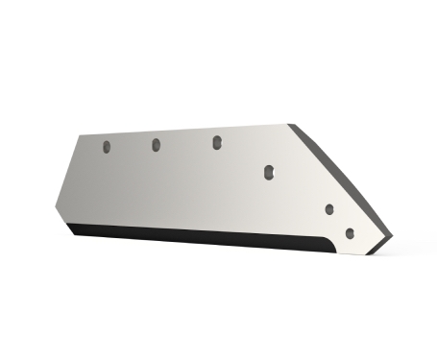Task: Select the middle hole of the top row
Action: point(155,145)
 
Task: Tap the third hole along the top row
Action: point(217,142)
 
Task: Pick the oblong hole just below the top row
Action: point(269,172)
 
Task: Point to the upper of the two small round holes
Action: point(329,208)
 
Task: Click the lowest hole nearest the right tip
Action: point(349,232)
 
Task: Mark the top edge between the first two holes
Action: point(131,134)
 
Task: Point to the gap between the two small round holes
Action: point(339,221)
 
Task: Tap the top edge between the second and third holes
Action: point(186,131)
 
